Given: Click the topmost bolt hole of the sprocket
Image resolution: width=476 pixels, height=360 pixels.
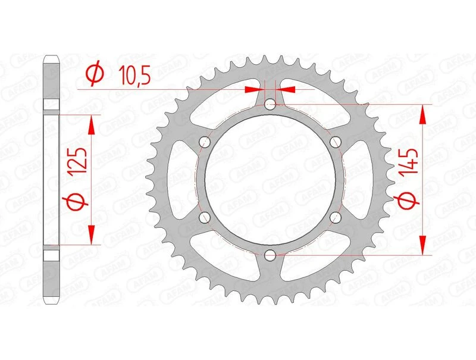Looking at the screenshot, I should [x=270, y=105].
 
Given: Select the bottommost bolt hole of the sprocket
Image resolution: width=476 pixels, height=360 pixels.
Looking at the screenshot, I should [x=270, y=255].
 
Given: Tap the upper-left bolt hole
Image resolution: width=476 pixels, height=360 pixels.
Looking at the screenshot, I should [x=205, y=142].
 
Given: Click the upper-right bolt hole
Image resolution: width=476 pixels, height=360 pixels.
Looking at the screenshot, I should [x=335, y=142].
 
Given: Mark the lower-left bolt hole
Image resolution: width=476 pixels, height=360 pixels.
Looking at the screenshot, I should [x=205, y=217].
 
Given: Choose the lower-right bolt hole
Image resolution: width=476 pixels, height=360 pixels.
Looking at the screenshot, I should [x=335, y=217].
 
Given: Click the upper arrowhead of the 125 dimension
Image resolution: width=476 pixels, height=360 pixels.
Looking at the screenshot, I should [x=92, y=124].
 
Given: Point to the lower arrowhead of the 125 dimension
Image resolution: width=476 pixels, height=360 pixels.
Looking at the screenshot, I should [x=92, y=234].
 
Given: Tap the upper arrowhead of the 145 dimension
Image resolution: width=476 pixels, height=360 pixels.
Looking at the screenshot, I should [x=423, y=115].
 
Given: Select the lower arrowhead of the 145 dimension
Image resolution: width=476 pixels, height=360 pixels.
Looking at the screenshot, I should [x=423, y=245].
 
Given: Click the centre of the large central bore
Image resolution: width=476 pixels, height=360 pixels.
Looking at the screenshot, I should [x=270, y=180].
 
